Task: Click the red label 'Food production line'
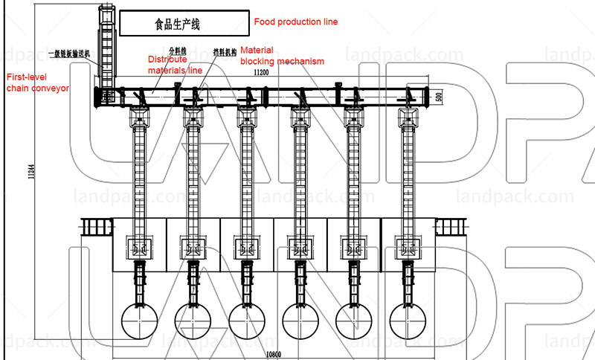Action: point(295,22)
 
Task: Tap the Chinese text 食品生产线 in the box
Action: point(177,25)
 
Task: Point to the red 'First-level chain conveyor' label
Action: point(37,82)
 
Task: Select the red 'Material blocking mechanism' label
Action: point(282,57)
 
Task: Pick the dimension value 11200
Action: point(260,72)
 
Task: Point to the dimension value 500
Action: point(439,97)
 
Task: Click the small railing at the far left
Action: point(95,225)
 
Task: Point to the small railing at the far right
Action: point(448,225)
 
